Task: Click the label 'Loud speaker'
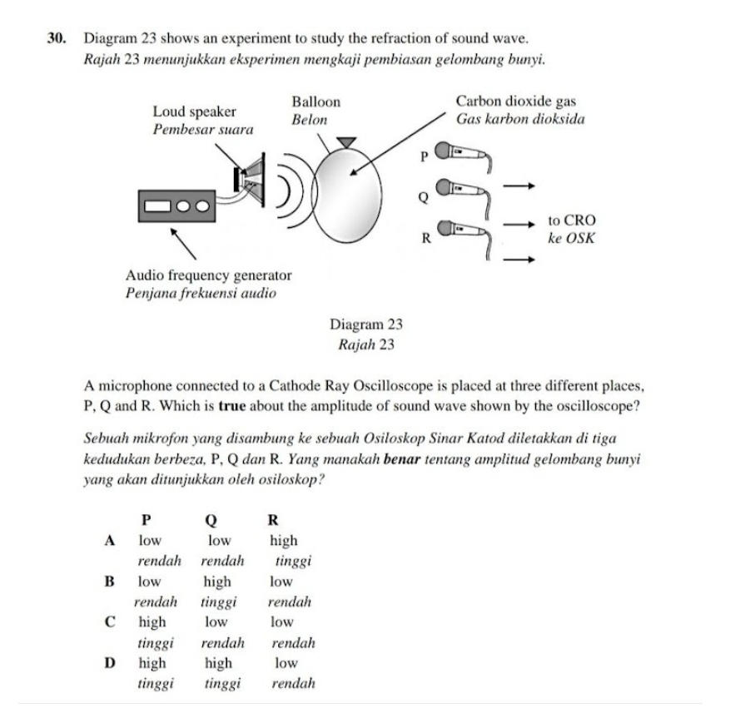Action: tap(194, 111)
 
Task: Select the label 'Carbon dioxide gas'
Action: tap(516, 102)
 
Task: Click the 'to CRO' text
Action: tap(572, 220)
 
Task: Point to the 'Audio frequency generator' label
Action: tap(208, 275)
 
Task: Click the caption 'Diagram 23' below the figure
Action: tap(366, 325)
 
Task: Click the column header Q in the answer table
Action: tap(210, 521)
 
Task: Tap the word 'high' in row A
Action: tap(283, 541)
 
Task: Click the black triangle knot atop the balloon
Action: tap(345, 142)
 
